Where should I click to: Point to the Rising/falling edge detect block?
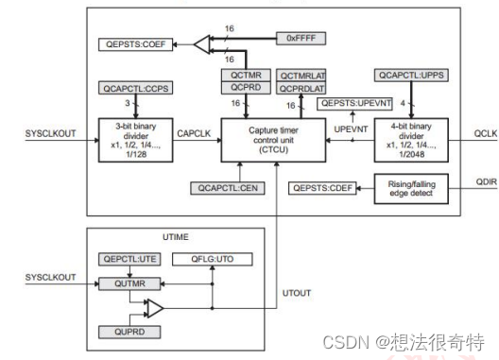[x=409, y=188]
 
